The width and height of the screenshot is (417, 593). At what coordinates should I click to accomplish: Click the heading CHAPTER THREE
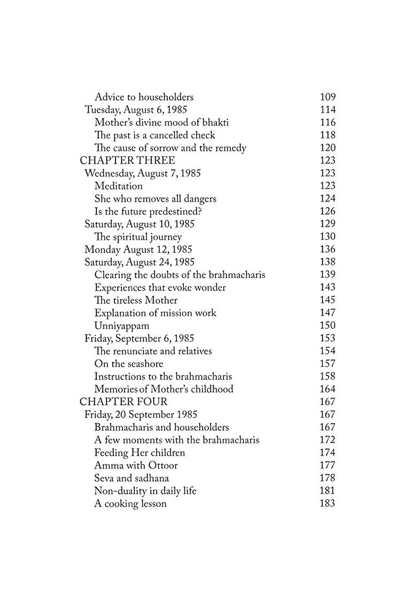pos(127,161)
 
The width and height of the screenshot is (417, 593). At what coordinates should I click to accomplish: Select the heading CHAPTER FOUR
pos(123,402)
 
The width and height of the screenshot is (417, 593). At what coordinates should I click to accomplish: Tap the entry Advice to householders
pos(144,97)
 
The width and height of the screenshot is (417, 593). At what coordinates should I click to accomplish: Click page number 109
pos(327,97)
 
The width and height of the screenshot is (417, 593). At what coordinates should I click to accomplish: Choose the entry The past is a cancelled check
pos(155,135)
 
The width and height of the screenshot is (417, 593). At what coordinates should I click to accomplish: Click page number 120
pos(327,148)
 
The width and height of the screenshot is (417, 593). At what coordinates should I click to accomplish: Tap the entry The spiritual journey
pos(138,237)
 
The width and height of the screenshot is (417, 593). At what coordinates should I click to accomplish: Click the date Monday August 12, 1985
pos(138,249)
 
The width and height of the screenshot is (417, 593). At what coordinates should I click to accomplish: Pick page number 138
pos(327,262)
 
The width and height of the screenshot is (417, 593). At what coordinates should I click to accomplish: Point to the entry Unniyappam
pos(121,326)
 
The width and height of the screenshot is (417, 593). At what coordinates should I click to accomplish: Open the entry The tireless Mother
pos(136,300)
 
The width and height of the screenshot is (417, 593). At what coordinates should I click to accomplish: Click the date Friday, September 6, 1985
pos(139,338)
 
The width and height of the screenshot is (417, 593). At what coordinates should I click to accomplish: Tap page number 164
pos(327,389)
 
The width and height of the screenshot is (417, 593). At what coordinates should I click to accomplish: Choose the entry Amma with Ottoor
pos(136,466)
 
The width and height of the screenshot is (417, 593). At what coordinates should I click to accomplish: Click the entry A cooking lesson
pos(130,504)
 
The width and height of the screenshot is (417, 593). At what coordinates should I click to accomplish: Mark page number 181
pos(327,491)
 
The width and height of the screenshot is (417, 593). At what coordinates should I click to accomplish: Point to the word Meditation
pos(118,186)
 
